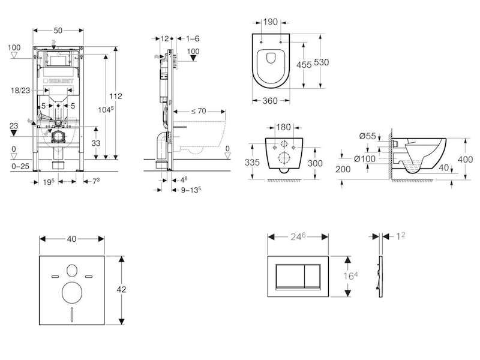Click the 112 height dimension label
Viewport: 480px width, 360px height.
pyautogui.click(x=116, y=96)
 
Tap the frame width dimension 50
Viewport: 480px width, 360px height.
pyautogui.click(x=58, y=31)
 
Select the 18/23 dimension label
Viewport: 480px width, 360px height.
pyautogui.click(x=20, y=91)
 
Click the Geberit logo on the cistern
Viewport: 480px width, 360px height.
pyautogui.click(x=58, y=81)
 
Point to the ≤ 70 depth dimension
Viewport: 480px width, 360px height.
pyautogui.click(x=199, y=111)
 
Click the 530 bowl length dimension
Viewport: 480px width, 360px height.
pyautogui.click(x=322, y=62)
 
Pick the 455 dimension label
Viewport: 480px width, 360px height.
pyautogui.click(x=304, y=65)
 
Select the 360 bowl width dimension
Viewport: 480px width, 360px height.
pyautogui.click(x=270, y=101)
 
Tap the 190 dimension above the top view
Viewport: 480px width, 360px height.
pyautogui.click(x=271, y=22)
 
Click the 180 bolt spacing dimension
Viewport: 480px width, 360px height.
pyautogui.click(x=283, y=127)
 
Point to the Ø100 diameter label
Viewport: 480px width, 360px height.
pyautogui.click(x=365, y=158)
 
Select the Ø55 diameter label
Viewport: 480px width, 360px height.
pyautogui.click(x=367, y=136)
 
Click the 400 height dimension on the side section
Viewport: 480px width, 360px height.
pyautogui.click(x=465, y=159)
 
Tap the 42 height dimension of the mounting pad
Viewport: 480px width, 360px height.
pyautogui.click(x=121, y=289)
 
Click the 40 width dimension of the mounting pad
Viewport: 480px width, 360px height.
pyautogui.click(x=71, y=239)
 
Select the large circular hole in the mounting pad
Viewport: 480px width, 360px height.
pyautogui.click(x=72, y=292)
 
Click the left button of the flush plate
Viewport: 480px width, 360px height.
pyautogui.click(x=290, y=276)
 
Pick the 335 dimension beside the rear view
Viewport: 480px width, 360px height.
pyautogui.click(x=252, y=162)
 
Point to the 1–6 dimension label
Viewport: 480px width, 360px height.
pyautogui.click(x=193, y=38)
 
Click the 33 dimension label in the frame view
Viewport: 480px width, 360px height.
pyautogui.click(x=96, y=143)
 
